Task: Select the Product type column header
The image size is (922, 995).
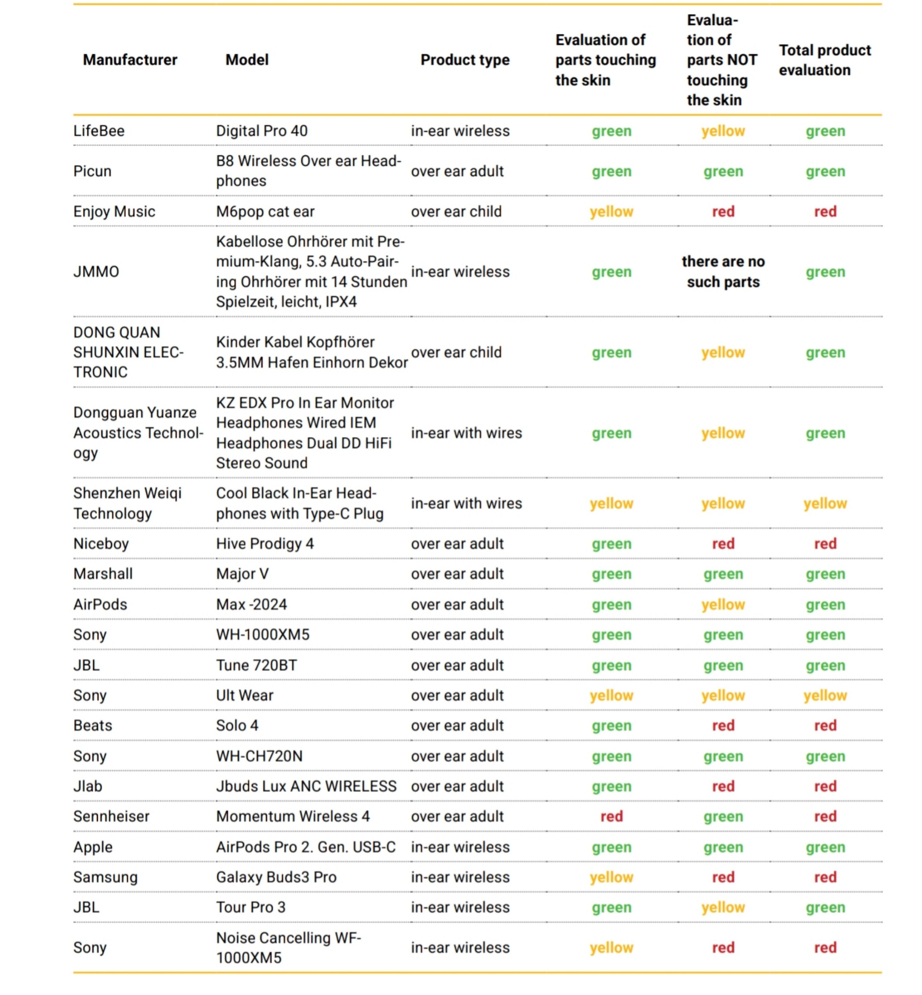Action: [x=465, y=60]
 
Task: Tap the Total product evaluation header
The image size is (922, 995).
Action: [x=825, y=60]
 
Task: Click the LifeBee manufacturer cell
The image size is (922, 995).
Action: [x=99, y=131]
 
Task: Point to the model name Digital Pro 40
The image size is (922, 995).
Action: [x=261, y=131]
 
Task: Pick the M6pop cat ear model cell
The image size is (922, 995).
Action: [x=265, y=211]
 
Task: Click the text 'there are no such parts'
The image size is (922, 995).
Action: [x=723, y=272]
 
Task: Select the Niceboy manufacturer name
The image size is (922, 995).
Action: [x=101, y=543]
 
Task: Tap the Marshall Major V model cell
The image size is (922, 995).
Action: [x=242, y=574]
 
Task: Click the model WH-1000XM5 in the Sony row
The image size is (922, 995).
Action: [x=263, y=635]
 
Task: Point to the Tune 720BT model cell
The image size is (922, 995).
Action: [x=256, y=665]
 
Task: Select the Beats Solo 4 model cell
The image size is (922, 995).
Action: [x=237, y=725]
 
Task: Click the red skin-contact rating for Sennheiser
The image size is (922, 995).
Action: [x=611, y=817]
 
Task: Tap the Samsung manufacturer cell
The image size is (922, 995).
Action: [x=105, y=877]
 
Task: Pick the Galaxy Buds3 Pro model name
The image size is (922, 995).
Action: [x=276, y=877]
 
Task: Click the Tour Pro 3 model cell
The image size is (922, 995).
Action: [x=251, y=907]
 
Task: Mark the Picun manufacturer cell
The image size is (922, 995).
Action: [x=92, y=171]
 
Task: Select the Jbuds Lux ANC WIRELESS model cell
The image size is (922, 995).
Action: [x=306, y=786]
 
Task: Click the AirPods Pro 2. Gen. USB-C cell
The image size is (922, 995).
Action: [x=305, y=847]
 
